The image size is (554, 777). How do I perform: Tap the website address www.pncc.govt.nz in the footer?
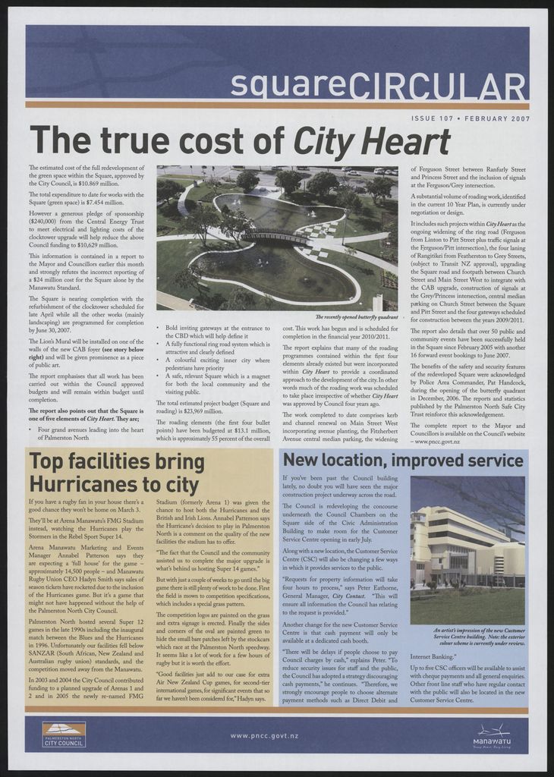[264, 735]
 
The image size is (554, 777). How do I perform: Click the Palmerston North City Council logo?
[64, 734]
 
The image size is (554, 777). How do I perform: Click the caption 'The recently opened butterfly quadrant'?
[356, 316]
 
